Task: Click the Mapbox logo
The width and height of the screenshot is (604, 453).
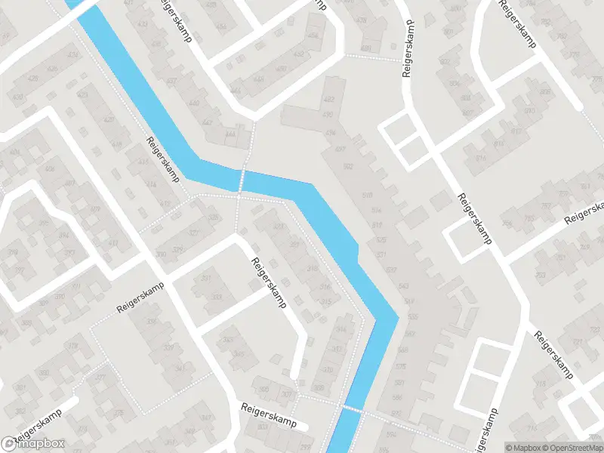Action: click(x=33, y=444)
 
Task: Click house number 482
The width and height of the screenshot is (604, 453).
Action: click(x=328, y=100)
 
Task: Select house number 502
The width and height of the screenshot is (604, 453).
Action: click(x=348, y=166)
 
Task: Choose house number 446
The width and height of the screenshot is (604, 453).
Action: click(x=258, y=79)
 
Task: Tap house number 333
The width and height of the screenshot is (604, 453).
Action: click(x=217, y=297)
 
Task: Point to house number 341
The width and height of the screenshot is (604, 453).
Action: click(x=179, y=368)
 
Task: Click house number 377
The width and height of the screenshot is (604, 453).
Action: click(x=100, y=377)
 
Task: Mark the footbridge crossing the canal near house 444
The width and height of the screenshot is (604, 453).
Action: click(x=242, y=180)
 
